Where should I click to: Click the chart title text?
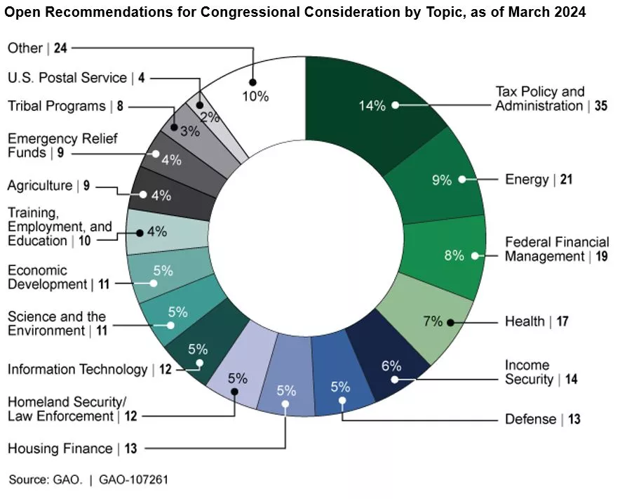pos(295,13)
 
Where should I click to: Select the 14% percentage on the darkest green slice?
pos(372,106)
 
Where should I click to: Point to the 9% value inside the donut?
pos(441,180)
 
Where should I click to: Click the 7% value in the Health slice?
pos(433,321)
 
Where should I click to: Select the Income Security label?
pos(537,373)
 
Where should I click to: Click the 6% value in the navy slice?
pos(391,366)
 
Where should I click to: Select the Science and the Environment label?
pos(57,324)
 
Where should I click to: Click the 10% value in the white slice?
pos(256,97)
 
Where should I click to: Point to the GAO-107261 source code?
pos(133,480)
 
